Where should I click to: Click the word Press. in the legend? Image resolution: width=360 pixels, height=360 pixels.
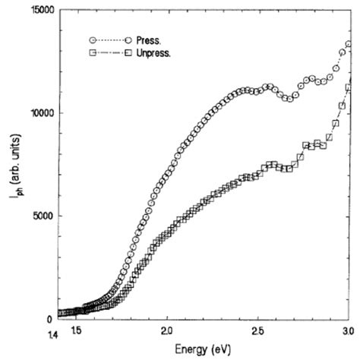[x=151, y=39]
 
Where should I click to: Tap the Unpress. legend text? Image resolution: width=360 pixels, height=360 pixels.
[x=157, y=52]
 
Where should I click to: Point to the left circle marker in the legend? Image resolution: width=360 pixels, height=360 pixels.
[x=92, y=39]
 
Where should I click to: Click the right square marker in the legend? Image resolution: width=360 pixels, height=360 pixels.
[x=130, y=52]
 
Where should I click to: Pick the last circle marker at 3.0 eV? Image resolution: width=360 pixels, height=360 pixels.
[x=348, y=44]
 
